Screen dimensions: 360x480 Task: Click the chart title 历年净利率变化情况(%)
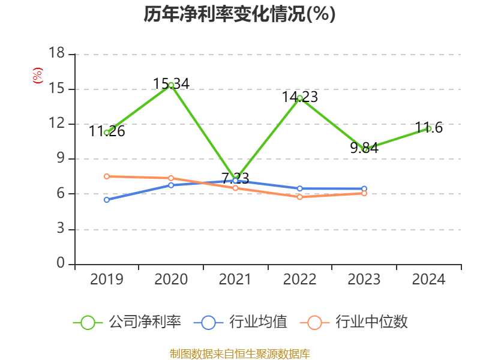point(239,14)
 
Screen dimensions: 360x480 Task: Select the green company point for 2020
point(171,85)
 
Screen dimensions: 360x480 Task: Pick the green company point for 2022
point(299,98)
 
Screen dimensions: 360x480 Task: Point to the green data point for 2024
point(429,128)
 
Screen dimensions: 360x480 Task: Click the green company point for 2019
point(106,133)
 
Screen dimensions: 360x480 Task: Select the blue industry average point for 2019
point(106,200)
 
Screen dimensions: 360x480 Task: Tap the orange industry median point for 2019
point(106,176)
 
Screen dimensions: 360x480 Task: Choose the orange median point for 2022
point(299,197)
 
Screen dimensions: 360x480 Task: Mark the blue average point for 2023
point(364,188)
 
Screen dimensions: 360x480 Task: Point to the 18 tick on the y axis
point(56,54)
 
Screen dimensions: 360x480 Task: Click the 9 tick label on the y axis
point(60,159)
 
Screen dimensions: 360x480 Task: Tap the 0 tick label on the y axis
point(61,264)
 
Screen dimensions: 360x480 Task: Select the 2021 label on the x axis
point(235,280)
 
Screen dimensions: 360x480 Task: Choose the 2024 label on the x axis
point(429,280)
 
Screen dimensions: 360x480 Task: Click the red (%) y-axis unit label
point(38,76)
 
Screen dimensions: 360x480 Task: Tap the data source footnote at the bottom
point(239,353)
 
